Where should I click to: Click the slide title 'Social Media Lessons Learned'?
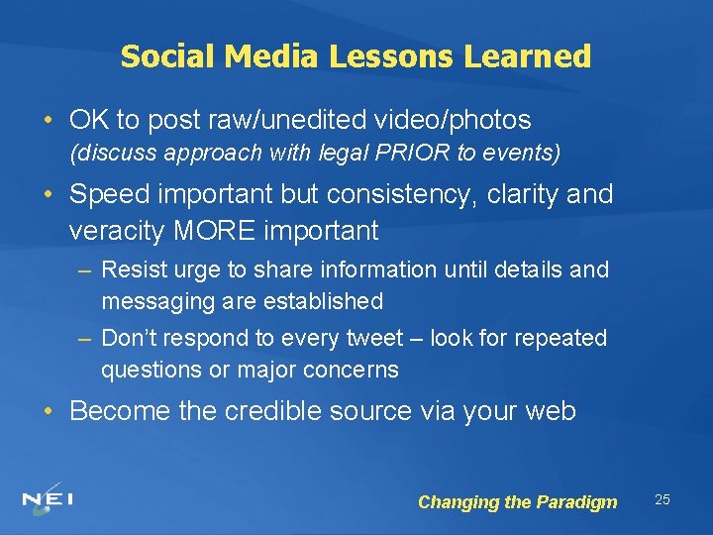(x=356, y=56)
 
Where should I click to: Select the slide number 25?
(x=662, y=499)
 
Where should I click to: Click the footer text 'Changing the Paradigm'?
(x=517, y=502)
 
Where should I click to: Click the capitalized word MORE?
(x=218, y=231)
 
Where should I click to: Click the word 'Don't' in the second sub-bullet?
(x=127, y=338)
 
